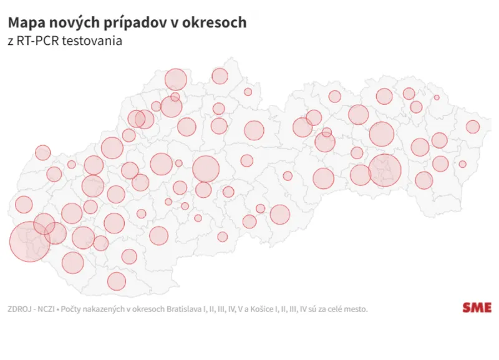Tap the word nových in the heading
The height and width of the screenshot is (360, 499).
[68, 22]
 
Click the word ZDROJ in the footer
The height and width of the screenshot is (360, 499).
[19, 308]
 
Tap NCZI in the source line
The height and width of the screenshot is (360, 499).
[49, 308]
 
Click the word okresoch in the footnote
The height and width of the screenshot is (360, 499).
[149, 308]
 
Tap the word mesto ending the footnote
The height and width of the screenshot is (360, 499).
[356, 308]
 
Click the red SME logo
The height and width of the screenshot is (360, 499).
[477, 308]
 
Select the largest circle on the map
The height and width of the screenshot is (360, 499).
[30, 241]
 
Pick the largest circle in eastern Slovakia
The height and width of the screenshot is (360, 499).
[385, 170]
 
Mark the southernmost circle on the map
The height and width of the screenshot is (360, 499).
[117, 281]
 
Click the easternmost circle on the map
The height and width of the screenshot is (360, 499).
[472, 127]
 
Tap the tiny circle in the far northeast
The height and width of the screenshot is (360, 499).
[437, 97]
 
